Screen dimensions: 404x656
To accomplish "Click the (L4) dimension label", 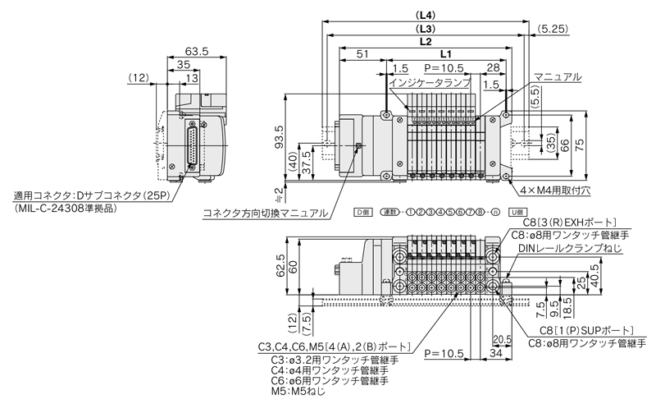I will coord(426,14).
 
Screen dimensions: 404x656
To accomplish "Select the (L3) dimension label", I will coord(426,27).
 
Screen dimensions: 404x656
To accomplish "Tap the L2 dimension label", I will coord(426,40).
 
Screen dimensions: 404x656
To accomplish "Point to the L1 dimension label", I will coord(444,53).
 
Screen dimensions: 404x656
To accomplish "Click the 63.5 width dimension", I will coord(197,51).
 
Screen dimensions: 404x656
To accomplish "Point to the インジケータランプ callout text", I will coord(428,84).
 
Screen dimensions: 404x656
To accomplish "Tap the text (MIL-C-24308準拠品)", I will coord(71,209).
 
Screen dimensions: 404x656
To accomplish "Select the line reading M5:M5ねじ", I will coord(295,393).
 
